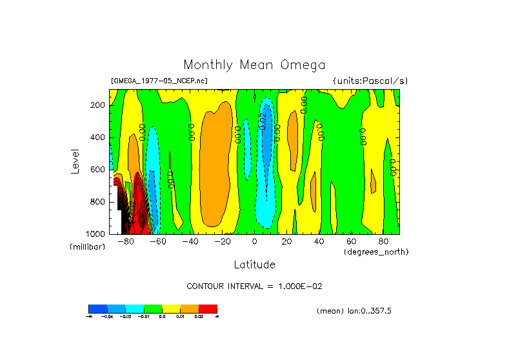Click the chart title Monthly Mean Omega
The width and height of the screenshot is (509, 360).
click(254, 65)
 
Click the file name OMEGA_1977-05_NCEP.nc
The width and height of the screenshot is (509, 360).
click(159, 81)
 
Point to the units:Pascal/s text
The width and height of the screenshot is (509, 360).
click(370, 81)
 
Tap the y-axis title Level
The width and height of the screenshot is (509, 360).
click(75, 161)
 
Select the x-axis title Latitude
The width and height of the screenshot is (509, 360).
click(254, 265)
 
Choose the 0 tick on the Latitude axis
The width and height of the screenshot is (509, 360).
click(255, 242)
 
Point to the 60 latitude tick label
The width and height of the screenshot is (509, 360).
click(351, 242)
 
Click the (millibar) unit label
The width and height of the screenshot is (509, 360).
click(86, 247)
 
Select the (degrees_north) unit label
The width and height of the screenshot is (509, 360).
click(376, 251)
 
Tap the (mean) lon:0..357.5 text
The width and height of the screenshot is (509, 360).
click(354, 311)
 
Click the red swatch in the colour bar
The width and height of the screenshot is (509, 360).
click(208, 308)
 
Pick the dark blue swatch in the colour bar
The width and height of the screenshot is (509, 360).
click(97, 308)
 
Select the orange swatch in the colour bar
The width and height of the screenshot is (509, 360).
click(190, 308)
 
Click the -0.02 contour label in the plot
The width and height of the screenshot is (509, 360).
click(263, 120)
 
